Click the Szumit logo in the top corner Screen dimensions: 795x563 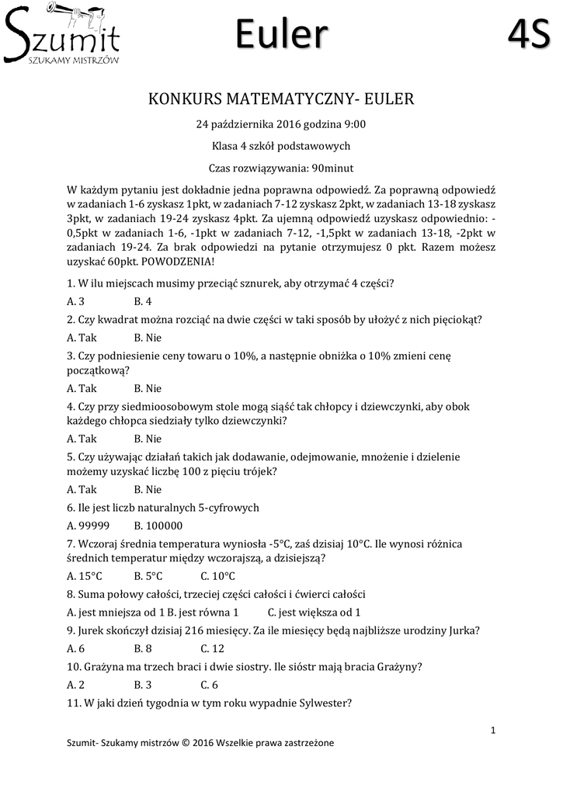click(62, 35)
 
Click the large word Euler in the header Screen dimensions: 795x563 click(281, 35)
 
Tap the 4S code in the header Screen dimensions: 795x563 click(529, 35)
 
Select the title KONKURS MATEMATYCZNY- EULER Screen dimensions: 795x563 click(281, 99)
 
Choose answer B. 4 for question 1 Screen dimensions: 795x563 click(143, 301)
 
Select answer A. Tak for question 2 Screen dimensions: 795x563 click(82, 338)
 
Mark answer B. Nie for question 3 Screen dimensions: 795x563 click(148, 388)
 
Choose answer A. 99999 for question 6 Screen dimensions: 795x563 click(88, 526)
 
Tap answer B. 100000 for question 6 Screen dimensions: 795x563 click(154, 526)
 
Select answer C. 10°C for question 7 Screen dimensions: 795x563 click(217, 576)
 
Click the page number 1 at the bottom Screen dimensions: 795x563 click(493, 729)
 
